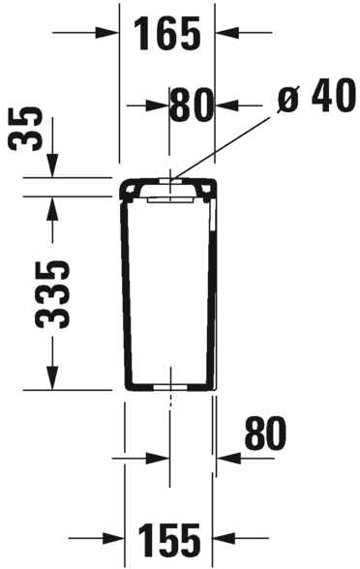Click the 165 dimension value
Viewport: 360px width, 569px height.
pyautogui.click(x=167, y=34)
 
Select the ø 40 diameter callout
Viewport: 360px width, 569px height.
pyautogui.click(x=315, y=95)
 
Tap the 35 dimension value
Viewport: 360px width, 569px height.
pyautogui.click(x=25, y=130)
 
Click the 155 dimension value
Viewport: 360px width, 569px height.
pyautogui.click(x=169, y=540)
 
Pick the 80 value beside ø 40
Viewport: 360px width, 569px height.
pyautogui.click(x=192, y=105)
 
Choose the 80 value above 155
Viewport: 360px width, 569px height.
pyautogui.click(x=265, y=433)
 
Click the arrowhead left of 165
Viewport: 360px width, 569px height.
pyautogui.click(x=107, y=33)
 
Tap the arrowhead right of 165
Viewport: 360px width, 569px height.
pyautogui.click(x=227, y=33)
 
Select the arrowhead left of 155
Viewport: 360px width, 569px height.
pyautogui.click(x=113, y=538)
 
